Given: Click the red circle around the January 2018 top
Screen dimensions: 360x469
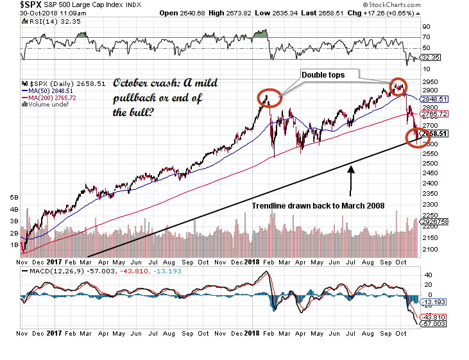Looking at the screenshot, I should tap(269, 98).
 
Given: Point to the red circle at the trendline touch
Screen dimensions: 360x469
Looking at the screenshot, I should tap(418, 137).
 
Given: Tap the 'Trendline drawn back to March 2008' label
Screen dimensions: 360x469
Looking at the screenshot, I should tap(318, 205).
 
